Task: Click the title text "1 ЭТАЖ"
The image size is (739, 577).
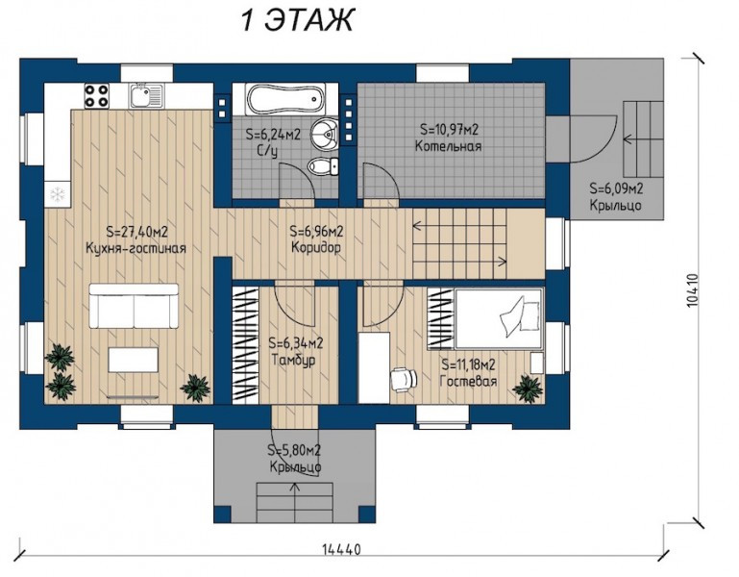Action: coord(297,20)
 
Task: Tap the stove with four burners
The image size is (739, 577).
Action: coord(97,95)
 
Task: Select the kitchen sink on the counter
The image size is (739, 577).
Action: coord(147,96)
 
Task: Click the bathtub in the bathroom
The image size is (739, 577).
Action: coord(283,100)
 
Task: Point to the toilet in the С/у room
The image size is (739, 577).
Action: coord(322,165)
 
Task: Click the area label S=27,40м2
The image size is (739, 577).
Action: coord(137,232)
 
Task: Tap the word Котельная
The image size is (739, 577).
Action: coord(448,146)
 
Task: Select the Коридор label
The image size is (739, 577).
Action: coord(316,247)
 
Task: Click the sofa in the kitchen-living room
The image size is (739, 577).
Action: coord(134,306)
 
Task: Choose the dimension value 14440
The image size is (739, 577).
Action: coord(342,550)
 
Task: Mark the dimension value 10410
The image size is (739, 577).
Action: coord(692,291)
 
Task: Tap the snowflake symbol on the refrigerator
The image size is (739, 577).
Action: coord(57,193)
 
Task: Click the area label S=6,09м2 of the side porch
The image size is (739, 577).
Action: coord(616,188)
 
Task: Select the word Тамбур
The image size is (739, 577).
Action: coord(294,360)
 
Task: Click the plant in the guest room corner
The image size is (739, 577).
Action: coord(528,389)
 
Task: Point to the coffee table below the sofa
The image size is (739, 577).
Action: coord(134,360)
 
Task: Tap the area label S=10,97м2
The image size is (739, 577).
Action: coord(449,129)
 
